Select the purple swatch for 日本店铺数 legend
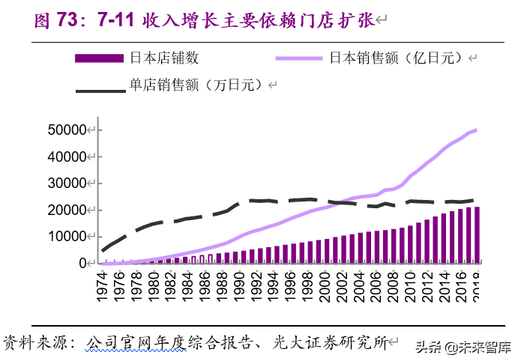(x=98, y=58)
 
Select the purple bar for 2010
(x=410, y=244)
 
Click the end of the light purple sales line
(x=477, y=130)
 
